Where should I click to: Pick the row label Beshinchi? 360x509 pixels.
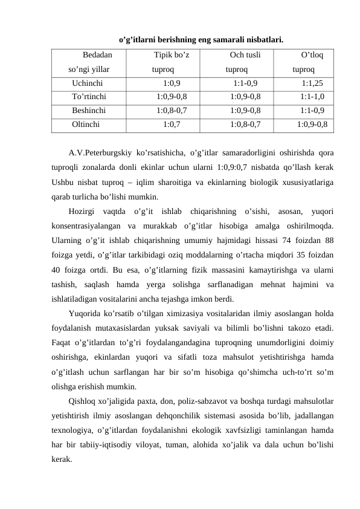pos(89,111)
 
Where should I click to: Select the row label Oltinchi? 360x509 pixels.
pos(86,125)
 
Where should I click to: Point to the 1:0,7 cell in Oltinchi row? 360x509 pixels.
pos(172,125)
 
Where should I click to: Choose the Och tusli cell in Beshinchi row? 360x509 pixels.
pos(245,111)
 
